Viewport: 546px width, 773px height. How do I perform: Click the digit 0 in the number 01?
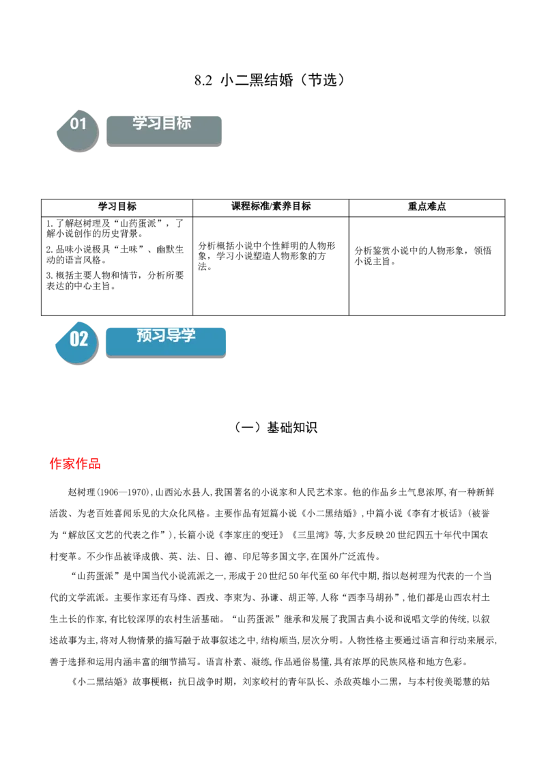pyautogui.click(x=74, y=124)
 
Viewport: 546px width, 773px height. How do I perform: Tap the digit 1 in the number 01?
pyautogui.click(x=83, y=124)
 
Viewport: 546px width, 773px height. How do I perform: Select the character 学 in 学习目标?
pyautogui.click(x=140, y=123)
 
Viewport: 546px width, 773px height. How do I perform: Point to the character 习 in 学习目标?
pyautogui.click(x=154, y=123)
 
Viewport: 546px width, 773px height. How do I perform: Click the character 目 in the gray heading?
pyautogui.click(x=169, y=123)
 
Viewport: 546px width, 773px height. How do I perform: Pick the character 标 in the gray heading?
pyautogui.click(x=184, y=123)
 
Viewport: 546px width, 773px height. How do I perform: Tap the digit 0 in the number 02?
pyautogui.click(x=74, y=339)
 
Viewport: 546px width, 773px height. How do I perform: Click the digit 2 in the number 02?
pyautogui.click(x=84, y=339)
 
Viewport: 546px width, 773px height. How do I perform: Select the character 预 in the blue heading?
pyautogui.click(x=144, y=335)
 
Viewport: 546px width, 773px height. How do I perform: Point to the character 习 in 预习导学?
pyautogui.click(x=158, y=335)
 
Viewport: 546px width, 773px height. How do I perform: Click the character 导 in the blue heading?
pyautogui.click(x=173, y=335)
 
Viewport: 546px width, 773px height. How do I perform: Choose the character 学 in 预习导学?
pyautogui.click(x=188, y=335)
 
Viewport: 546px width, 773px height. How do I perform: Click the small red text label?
pyautogui.click(x=76, y=464)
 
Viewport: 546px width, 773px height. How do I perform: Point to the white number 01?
pyautogui.click(x=78, y=124)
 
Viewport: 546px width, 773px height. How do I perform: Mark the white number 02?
pyautogui.click(x=79, y=339)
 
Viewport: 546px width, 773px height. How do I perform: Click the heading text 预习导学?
pyautogui.click(x=166, y=335)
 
